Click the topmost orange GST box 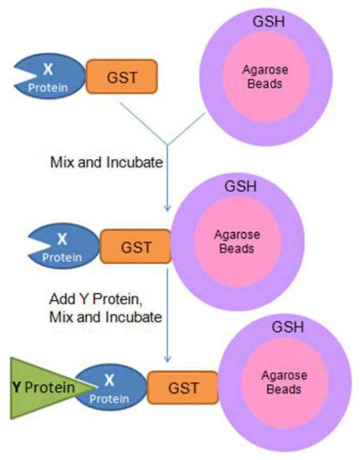point(122,76)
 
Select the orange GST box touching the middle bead point(136,247)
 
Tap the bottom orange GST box point(183,388)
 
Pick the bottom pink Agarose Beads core point(284,383)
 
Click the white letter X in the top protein point(48,69)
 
